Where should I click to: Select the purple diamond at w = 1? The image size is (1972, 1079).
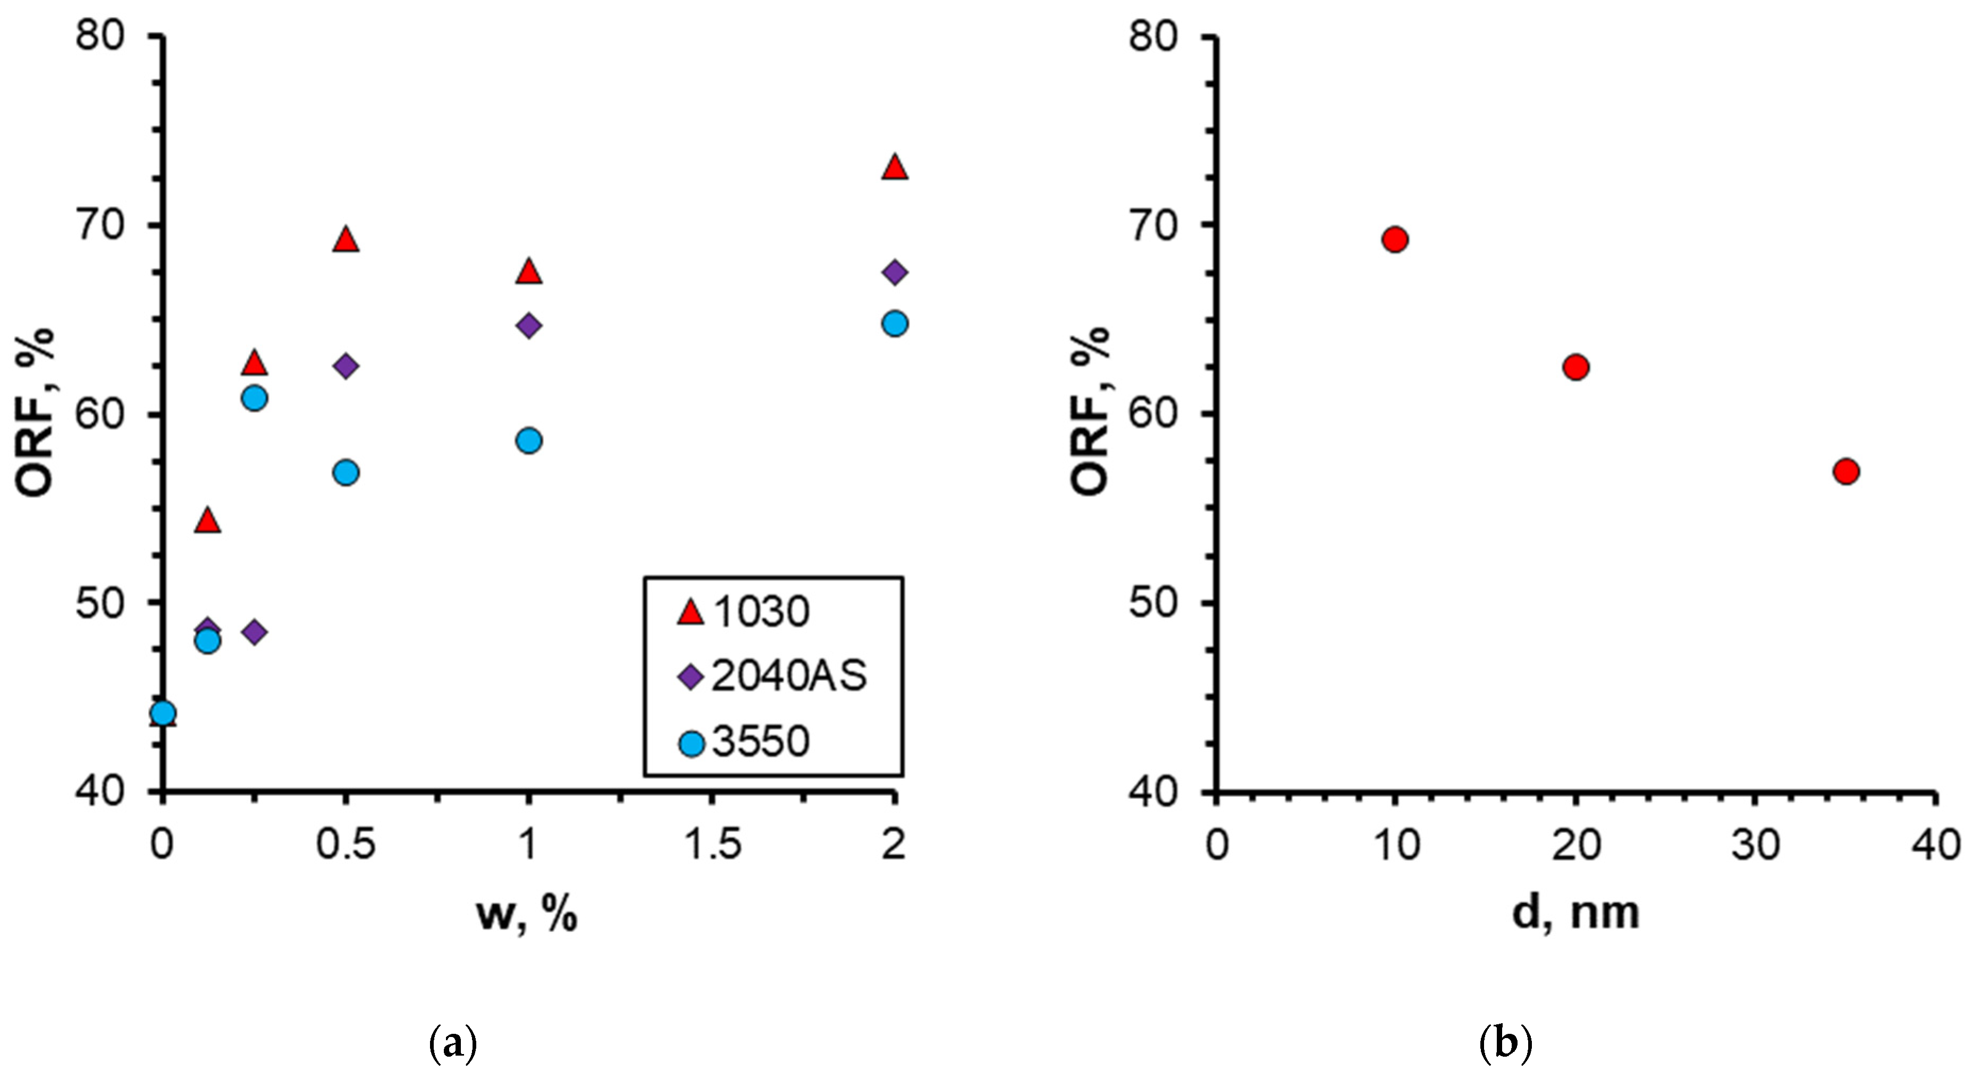(529, 326)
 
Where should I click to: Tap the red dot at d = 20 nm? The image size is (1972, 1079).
(1575, 367)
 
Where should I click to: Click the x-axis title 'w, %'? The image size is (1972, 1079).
(527, 914)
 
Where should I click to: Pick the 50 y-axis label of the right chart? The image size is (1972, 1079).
(1152, 602)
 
